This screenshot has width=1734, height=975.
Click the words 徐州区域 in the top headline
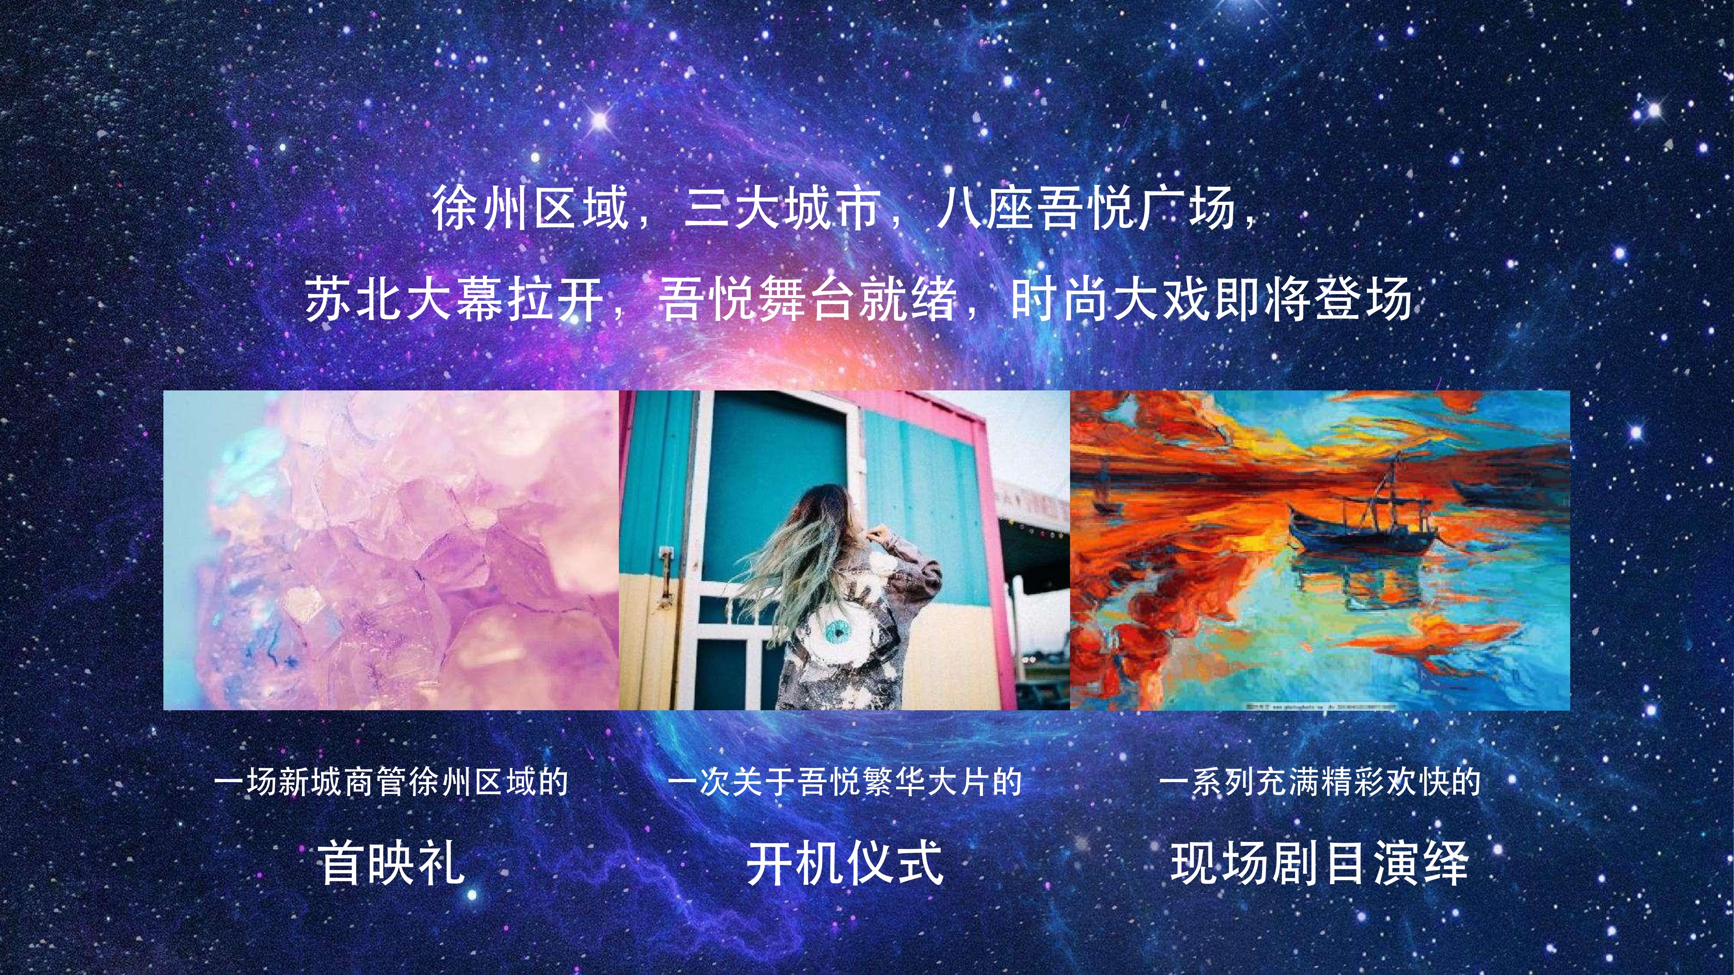point(530,208)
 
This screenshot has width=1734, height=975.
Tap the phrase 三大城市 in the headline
point(783,208)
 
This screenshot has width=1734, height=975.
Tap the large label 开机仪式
point(845,862)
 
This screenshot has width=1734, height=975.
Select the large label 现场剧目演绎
point(1319,862)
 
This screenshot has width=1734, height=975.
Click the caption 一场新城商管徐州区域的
point(391,782)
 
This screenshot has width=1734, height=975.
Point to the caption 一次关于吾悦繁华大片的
point(845,782)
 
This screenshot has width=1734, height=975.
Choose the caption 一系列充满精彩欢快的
point(1319,782)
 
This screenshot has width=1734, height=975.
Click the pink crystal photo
point(391,550)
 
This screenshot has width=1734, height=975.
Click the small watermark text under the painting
point(1319,706)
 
